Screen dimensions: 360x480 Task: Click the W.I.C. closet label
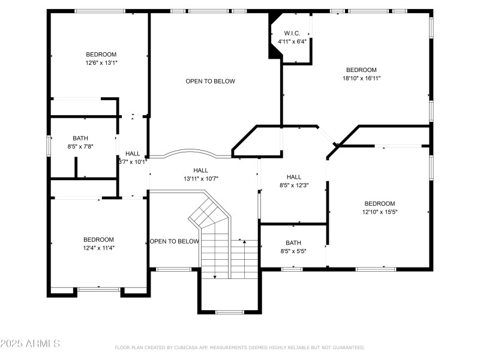click(292, 33)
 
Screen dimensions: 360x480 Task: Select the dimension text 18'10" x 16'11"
click(361, 78)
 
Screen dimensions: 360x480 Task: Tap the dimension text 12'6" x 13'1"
click(101, 62)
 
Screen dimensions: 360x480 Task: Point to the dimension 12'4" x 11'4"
click(98, 248)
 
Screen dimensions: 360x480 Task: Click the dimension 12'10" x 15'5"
click(380, 212)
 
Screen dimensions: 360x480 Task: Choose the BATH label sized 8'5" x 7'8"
click(80, 138)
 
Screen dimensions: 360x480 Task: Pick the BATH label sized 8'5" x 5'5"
click(293, 243)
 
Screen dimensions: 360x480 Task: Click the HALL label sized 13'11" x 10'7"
click(200, 170)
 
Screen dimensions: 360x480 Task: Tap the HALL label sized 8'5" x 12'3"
click(293, 177)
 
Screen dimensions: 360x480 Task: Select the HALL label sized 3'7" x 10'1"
click(133, 154)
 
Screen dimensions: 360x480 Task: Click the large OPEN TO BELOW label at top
click(210, 82)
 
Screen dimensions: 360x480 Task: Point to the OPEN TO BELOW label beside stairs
click(175, 242)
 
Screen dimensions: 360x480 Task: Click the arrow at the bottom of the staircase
click(215, 276)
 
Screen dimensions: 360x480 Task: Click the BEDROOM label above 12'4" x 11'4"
click(98, 239)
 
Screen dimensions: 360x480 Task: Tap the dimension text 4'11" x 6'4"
click(292, 41)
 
